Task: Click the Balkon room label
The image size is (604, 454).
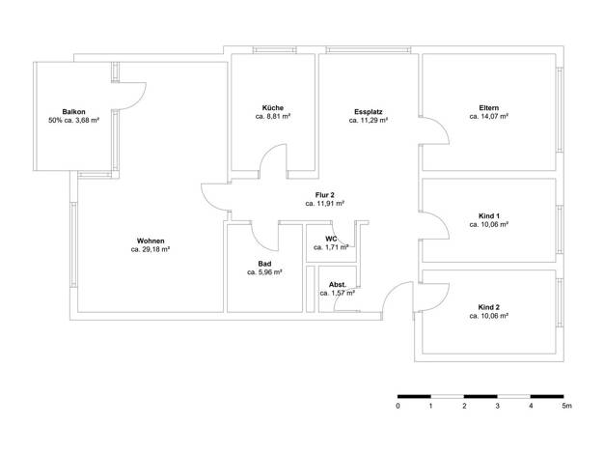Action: point(73,112)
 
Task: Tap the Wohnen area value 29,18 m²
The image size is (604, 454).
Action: point(151,249)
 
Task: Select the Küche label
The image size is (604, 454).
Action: point(273,107)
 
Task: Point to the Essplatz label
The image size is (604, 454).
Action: point(369,112)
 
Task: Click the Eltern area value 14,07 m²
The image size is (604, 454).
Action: point(489,116)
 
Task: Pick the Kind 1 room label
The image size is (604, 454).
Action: point(489,216)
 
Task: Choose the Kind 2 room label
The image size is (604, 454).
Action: point(489,307)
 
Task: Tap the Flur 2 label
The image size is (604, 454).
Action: point(325,195)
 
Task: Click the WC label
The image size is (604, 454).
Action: point(331,239)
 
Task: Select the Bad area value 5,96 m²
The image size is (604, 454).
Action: point(264,272)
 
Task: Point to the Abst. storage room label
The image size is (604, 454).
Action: point(338,285)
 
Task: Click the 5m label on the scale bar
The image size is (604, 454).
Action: point(566,406)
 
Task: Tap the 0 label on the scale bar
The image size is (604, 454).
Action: point(398,406)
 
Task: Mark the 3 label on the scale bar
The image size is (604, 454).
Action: point(498,406)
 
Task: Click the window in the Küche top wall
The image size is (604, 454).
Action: point(275,50)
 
